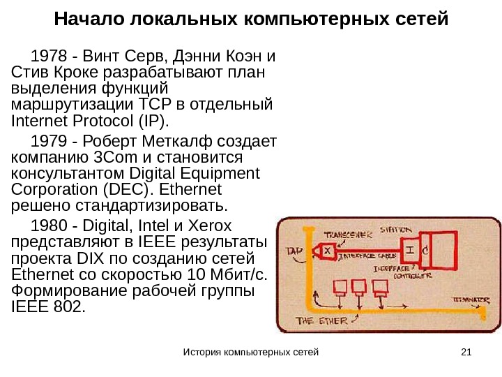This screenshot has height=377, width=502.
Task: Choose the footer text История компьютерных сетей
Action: click(250, 350)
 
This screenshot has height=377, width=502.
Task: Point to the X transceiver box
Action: click(325, 249)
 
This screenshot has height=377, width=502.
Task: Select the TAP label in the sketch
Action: click(294, 249)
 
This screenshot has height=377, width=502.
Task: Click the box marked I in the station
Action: click(410, 249)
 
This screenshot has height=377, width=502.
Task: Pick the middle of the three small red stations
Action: click(359, 287)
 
